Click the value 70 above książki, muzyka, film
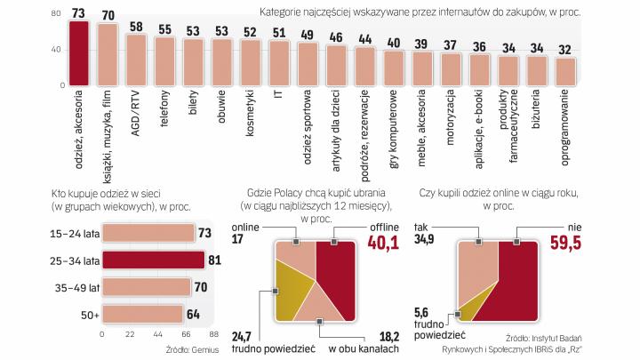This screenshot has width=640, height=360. [x=108, y=15]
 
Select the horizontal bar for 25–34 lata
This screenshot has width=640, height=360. [x=148, y=260]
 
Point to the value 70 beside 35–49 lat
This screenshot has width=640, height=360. [x=203, y=287]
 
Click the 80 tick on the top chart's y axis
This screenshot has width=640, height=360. [x=56, y=14]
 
